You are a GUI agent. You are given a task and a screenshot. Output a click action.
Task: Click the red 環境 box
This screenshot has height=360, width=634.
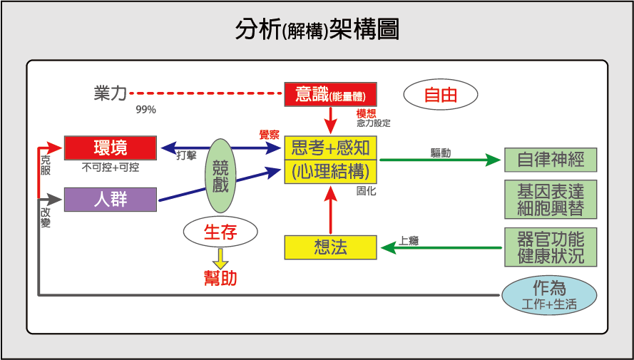coord(111,148)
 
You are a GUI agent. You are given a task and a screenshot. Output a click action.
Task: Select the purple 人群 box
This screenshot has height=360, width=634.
coord(111,200)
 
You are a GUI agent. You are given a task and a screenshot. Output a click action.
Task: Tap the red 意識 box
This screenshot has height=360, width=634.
coord(331,95)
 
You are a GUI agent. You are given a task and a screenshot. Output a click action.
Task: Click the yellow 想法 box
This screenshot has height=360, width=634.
coord(331,247)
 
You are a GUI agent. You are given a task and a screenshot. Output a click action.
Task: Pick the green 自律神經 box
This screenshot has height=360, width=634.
coord(551,160)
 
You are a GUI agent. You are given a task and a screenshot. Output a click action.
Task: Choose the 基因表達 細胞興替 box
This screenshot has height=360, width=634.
coord(551,199)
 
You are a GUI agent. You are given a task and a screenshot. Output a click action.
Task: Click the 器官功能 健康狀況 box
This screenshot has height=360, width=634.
coord(551,247)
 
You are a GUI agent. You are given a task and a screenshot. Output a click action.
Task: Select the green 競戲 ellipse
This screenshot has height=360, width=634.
coord(220,176)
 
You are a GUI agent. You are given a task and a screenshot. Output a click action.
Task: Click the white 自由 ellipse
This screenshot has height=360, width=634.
coord(441,95)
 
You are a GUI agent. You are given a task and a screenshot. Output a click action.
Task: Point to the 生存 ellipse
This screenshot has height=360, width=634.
coord(220,232)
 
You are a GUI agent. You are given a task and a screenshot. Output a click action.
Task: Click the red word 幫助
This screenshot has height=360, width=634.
coord(220,278)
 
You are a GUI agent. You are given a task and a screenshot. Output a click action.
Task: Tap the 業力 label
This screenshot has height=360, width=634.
coord(110,93)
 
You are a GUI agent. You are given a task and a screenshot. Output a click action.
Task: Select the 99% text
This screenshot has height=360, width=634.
coord(146,110)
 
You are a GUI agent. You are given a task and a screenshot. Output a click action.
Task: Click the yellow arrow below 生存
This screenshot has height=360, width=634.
coord(221,259)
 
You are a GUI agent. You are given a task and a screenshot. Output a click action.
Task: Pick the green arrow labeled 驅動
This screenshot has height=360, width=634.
coord(440,160)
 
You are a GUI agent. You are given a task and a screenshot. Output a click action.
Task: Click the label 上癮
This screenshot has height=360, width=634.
coord(409,241)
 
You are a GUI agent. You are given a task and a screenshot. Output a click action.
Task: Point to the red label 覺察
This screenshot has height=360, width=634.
coord(270,135)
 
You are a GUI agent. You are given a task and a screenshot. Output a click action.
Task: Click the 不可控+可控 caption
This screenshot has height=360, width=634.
coord(111,168)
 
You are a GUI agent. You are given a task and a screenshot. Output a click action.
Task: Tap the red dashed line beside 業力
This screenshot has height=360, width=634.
coord(206,93)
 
